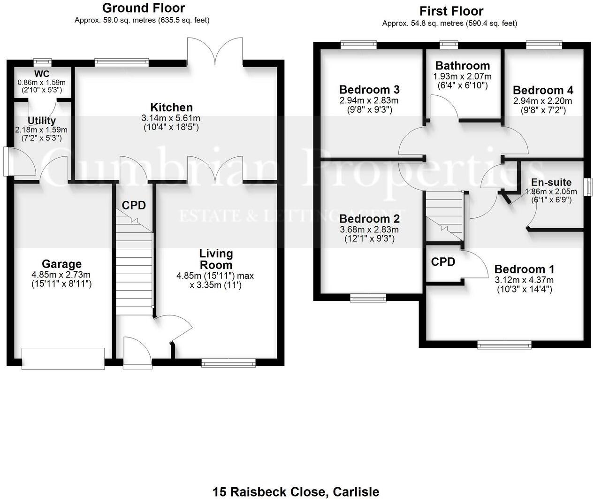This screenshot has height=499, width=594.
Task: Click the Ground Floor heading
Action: click(143, 8)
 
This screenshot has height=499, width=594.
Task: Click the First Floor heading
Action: click(451, 11)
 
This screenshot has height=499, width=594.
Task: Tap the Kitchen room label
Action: click(171, 107)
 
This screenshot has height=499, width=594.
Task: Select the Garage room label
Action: click(61, 264)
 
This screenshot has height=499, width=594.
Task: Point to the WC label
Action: click(42, 74)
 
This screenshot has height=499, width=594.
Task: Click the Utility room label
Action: click(42, 121)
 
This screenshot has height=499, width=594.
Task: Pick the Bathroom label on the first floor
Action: click(462, 66)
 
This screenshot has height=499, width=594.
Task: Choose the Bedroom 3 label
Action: click(369, 90)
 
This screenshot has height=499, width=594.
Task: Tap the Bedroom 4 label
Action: click(543, 90)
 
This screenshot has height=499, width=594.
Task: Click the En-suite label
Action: click(551, 182)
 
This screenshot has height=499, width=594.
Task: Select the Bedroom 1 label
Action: click(524, 269)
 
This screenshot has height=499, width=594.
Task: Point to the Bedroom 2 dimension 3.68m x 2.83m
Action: click(369, 230)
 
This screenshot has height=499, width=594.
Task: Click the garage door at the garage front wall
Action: click(63, 359)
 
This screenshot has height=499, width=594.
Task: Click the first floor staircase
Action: click(444, 216)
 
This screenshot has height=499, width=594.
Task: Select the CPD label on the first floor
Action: click(443, 262)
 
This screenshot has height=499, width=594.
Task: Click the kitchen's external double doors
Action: click(215, 52)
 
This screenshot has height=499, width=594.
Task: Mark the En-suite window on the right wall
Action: click(587, 187)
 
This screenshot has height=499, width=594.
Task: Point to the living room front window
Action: click(228, 362)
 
